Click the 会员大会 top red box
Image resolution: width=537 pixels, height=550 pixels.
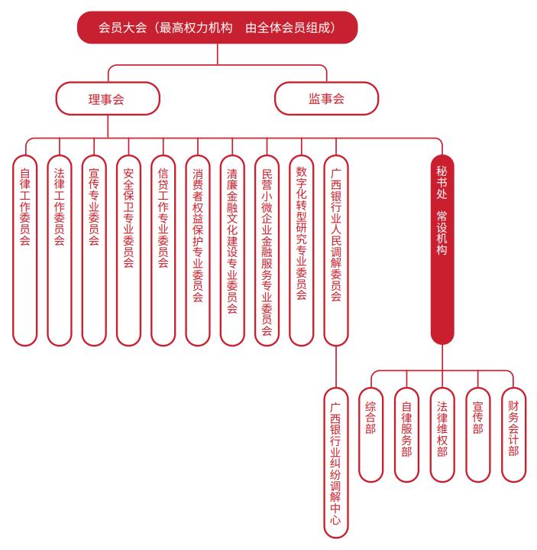click(218, 28)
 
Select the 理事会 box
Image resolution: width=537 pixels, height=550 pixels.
click(107, 98)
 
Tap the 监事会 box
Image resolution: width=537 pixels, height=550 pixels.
click(326, 98)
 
